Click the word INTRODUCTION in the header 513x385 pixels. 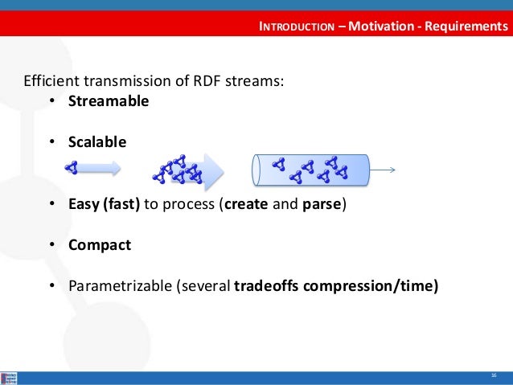click(296, 27)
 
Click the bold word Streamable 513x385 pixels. click(109, 102)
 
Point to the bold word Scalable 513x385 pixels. click(97, 142)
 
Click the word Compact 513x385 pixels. click(100, 245)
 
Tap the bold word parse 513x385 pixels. click(322, 204)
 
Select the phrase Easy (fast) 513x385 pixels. click(105, 204)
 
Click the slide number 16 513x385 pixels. click(493, 376)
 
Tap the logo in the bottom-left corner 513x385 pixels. click(10, 377)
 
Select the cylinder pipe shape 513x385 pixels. click(310, 170)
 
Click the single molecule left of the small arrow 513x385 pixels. click(72, 168)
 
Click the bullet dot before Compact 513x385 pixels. click(51, 245)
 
